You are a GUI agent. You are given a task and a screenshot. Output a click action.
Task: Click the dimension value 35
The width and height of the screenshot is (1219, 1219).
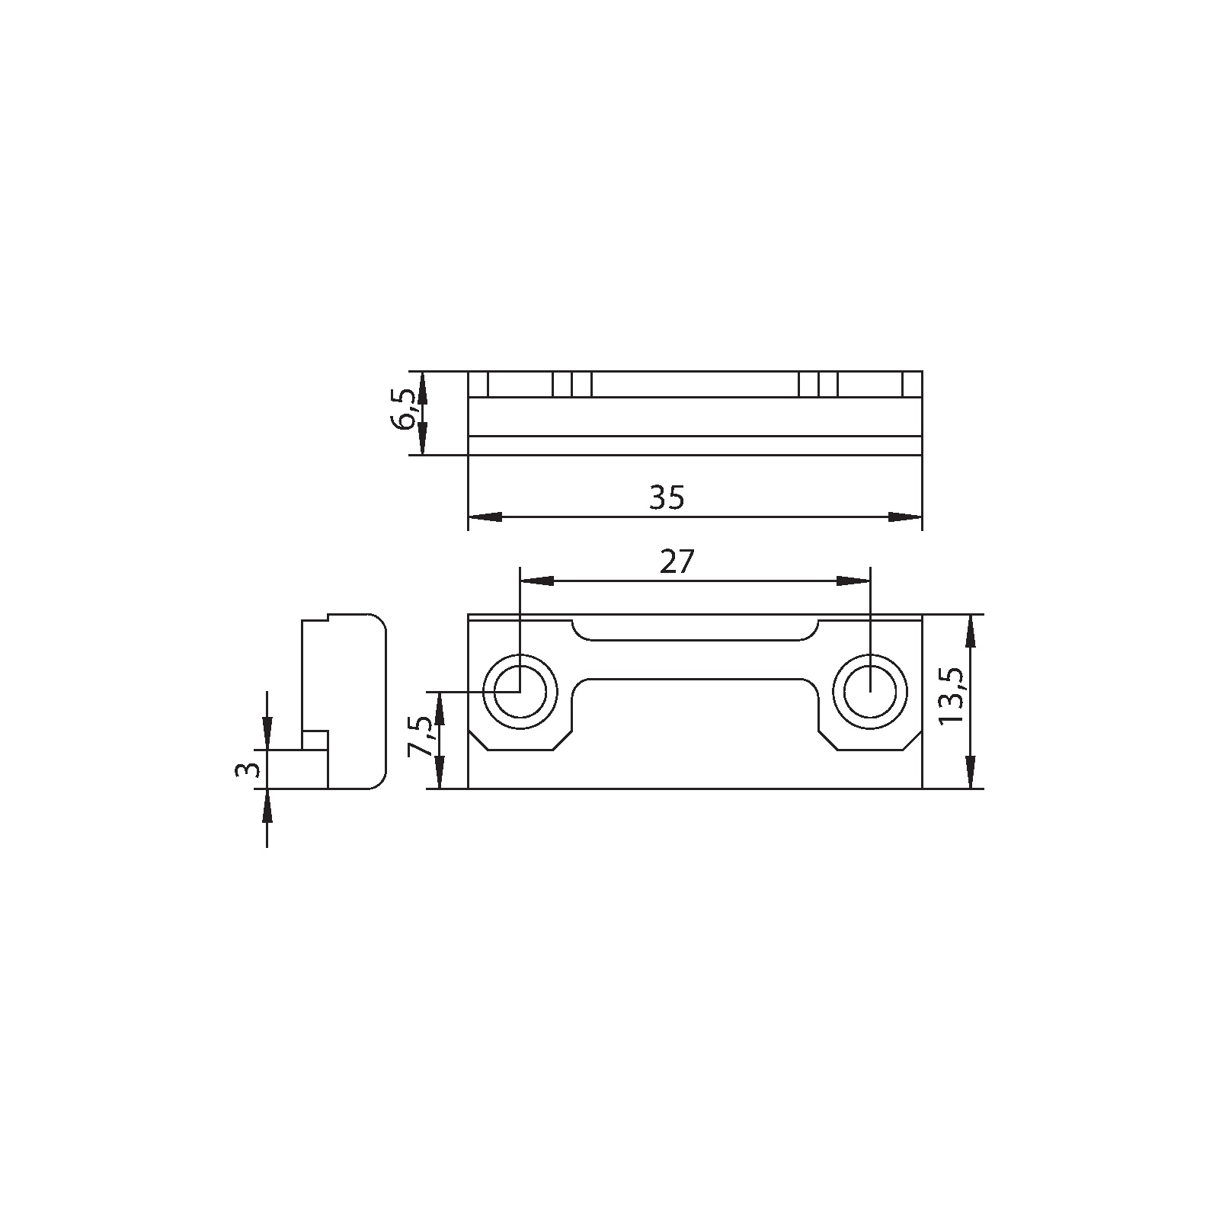(667, 498)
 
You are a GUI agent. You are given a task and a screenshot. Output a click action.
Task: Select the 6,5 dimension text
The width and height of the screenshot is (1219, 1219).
(405, 411)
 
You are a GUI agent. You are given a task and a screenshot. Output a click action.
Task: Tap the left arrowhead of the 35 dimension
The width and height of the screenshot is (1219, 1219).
(485, 517)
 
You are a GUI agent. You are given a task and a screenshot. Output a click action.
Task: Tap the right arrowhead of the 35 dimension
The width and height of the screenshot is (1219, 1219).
(905, 517)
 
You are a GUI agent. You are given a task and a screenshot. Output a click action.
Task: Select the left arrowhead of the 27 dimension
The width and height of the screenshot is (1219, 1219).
(536, 581)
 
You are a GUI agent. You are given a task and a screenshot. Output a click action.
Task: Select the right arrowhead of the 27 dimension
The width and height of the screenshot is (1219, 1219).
(853, 581)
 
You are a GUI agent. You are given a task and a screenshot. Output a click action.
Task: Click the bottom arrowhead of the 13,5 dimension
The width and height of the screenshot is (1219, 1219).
(970, 772)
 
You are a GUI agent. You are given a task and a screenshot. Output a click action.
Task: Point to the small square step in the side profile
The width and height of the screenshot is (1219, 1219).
(315, 740)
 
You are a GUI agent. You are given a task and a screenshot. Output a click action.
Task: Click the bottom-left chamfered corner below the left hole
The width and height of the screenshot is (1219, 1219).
(478, 741)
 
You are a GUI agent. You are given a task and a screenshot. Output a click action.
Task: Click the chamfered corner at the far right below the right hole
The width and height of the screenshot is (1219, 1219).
(912, 741)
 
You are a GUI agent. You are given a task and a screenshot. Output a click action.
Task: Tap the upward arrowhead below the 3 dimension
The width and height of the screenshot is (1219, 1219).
(267, 805)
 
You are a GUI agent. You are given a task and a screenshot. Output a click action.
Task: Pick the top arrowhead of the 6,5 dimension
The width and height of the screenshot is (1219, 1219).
(424, 388)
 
